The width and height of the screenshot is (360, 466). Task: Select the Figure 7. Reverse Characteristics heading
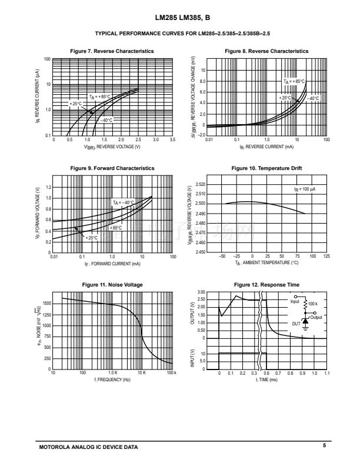click(x=112, y=51)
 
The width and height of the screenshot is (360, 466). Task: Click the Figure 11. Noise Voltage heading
click(x=112, y=285)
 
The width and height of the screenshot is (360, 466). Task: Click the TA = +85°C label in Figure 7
click(x=99, y=96)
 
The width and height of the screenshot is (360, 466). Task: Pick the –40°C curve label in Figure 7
click(x=105, y=120)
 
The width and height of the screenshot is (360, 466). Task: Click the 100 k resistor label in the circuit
click(x=312, y=304)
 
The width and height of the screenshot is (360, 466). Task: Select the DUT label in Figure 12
click(x=296, y=324)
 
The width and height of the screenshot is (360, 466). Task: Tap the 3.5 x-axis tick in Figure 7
click(x=173, y=140)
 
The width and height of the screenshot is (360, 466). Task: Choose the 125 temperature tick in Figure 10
click(x=326, y=257)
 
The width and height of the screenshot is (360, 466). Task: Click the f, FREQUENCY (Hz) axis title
click(x=112, y=380)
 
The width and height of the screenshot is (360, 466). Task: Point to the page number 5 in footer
click(x=324, y=446)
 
